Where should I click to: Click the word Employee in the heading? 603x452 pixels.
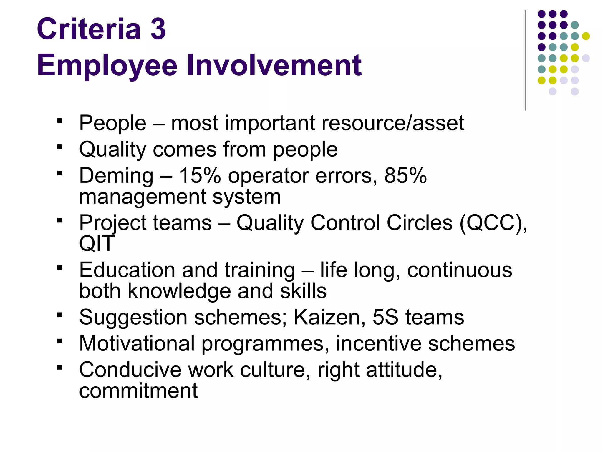point(107,65)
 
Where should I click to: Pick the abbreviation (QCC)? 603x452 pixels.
point(493,223)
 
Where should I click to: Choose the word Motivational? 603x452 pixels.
point(137,343)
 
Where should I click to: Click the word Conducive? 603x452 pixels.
point(130,370)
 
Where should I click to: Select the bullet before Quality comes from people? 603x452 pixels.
point(60,147)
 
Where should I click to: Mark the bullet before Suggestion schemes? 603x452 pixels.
point(60,315)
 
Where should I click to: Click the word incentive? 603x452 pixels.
point(379,343)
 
